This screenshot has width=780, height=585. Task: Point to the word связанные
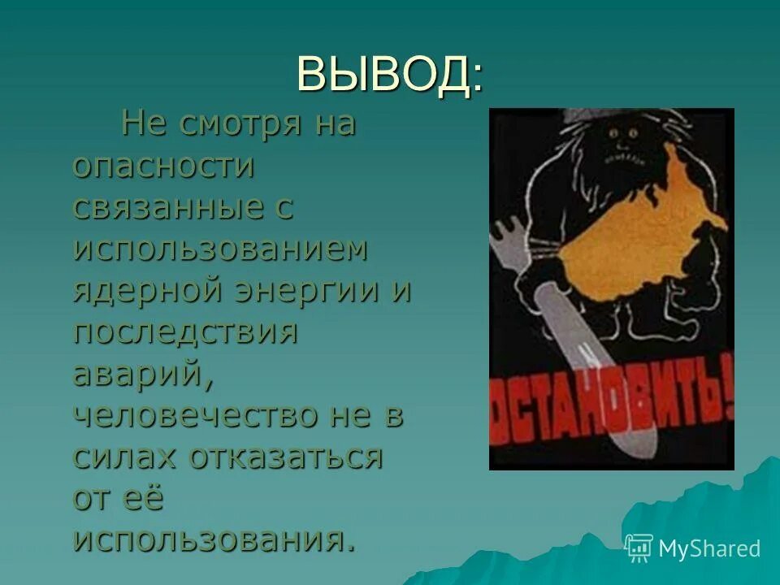[167, 208]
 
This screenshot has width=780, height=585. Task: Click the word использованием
[220, 249]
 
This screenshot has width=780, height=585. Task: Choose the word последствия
[185, 332]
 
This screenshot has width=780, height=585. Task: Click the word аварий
[143, 374]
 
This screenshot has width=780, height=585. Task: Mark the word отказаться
[287, 457]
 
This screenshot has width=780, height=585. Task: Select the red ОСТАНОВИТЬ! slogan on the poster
[611, 404]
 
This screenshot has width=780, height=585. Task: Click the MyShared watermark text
[709, 548]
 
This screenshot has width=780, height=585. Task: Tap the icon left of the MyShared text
[639, 548]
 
